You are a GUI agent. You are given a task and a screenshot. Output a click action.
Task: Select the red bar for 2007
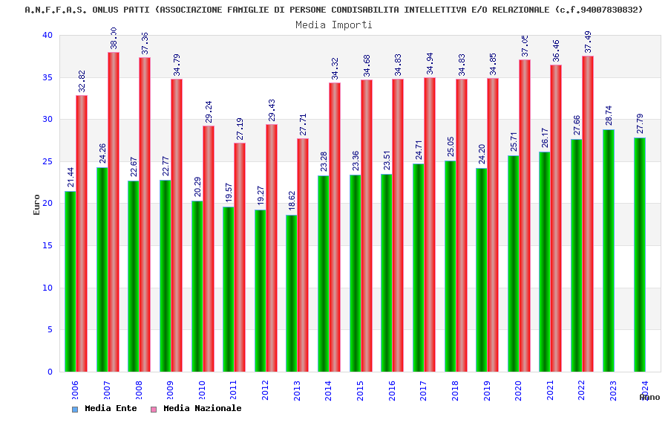click(x=114, y=212)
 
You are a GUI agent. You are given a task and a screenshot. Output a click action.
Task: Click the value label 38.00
click(x=114, y=38)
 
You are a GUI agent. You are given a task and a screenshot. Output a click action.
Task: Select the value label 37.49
click(x=588, y=42)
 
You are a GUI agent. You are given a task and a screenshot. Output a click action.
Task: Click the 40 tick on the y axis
click(x=48, y=36)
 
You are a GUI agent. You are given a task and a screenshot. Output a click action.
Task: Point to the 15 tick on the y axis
click(x=48, y=246)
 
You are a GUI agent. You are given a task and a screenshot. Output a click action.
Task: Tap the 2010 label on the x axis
click(x=201, y=390)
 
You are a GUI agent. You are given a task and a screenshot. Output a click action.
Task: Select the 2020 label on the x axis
click(x=518, y=390)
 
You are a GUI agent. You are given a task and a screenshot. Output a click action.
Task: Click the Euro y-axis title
click(x=36, y=204)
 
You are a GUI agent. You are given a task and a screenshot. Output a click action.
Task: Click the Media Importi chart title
click(x=334, y=25)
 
